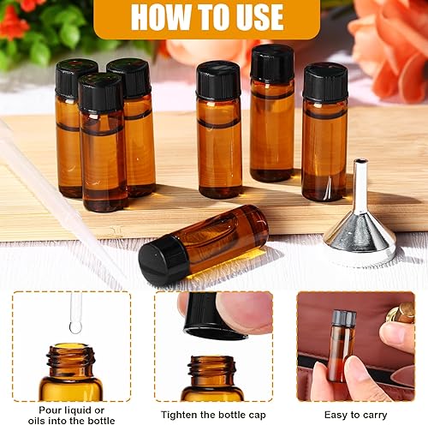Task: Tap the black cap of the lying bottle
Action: (x=162, y=260)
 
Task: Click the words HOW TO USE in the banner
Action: (x=206, y=16)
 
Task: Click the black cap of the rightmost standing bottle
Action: (x=325, y=82)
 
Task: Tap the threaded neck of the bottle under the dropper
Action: (x=71, y=356)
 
